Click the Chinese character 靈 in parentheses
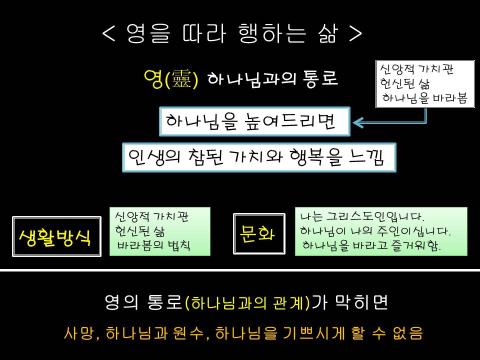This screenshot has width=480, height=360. [x=181, y=78]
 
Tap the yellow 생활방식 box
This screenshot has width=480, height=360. [x=56, y=236]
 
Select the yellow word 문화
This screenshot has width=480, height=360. [x=257, y=234]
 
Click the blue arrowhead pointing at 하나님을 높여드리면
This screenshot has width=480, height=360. [x=357, y=122]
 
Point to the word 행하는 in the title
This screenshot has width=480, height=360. [x=272, y=33]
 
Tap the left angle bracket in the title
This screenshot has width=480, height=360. [x=108, y=33]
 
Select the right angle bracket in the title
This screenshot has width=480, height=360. [x=355, y=33]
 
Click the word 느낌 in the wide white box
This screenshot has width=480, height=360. [x=366, y=157]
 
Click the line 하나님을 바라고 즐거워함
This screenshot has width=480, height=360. [x=371, y=245]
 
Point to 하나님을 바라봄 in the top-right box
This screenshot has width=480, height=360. [x=425, y=98]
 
